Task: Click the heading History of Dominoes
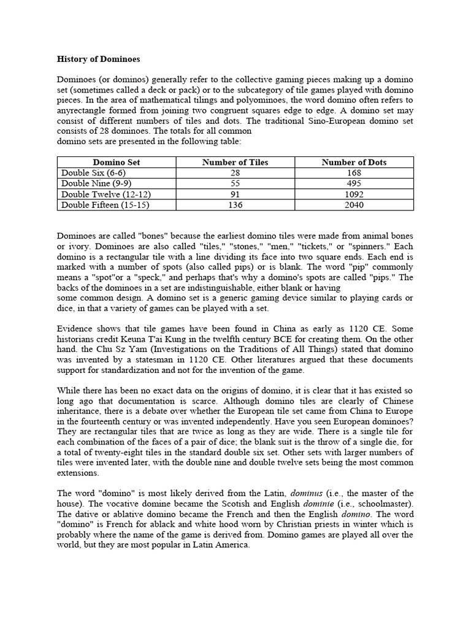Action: tap(98, 59)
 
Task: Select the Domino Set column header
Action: tap(117, 163)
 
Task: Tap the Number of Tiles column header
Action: tap(235, 163)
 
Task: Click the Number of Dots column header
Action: tap(354, 163)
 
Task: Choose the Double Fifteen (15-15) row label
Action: tap(105, 205)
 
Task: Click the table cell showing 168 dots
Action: tap(354, 173)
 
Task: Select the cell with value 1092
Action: tap(354, 194)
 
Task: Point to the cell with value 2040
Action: tap(354, 205)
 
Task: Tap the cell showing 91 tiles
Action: tap(235, 194)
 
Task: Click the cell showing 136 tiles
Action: tap(235, 205)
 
